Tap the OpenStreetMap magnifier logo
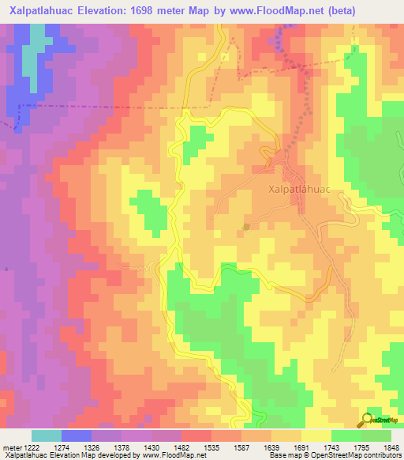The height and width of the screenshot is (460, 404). click(x=367, y=419)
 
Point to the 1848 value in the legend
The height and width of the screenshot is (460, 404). click(x=391, y=448)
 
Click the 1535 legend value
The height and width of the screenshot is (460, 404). click(x=211, y=448)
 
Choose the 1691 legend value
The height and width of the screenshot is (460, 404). click(x=301, y=448)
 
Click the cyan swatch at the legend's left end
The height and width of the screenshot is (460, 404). click(x=47, y=435)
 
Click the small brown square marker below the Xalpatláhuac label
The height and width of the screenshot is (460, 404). click(x=246, y=226)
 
